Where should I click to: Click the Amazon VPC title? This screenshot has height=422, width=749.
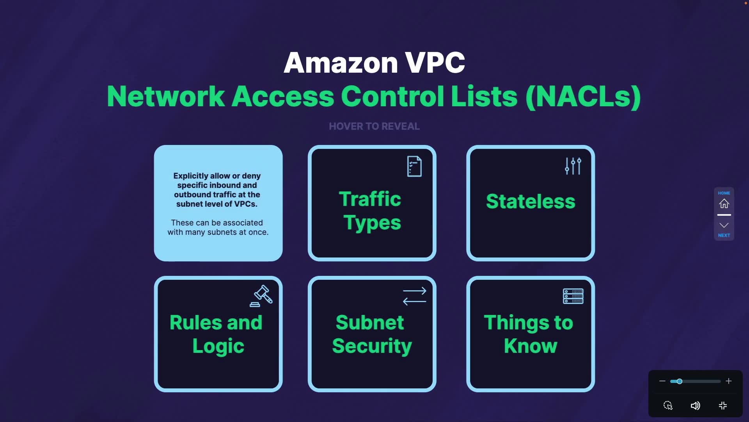(374, 63)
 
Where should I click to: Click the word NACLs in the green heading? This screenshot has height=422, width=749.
(583, 97)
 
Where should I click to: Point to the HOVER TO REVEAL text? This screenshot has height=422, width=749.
(374, 126)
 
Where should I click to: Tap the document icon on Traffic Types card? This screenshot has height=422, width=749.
(414, 166)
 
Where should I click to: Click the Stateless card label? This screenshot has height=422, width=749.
(531, 201)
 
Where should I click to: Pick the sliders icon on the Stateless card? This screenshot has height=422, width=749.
(573, 166)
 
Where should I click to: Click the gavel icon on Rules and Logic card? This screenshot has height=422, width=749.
(261, 296)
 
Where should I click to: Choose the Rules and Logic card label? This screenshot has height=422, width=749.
(217, 334)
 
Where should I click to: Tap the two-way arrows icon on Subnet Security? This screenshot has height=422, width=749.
(414, 296)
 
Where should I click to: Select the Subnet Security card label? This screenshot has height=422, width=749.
(372, 334)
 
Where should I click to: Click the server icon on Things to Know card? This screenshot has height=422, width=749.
(573, 296)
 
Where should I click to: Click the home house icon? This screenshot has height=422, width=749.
(724, 204)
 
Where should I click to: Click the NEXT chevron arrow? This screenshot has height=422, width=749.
(724, 225)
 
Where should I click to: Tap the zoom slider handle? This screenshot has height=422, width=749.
(680, 381)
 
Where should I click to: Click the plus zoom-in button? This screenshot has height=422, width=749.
(728, 381)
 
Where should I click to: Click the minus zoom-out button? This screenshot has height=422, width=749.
(662, 381)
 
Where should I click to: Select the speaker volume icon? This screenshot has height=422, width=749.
(695, 406)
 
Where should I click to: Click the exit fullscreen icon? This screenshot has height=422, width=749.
(723, 406)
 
